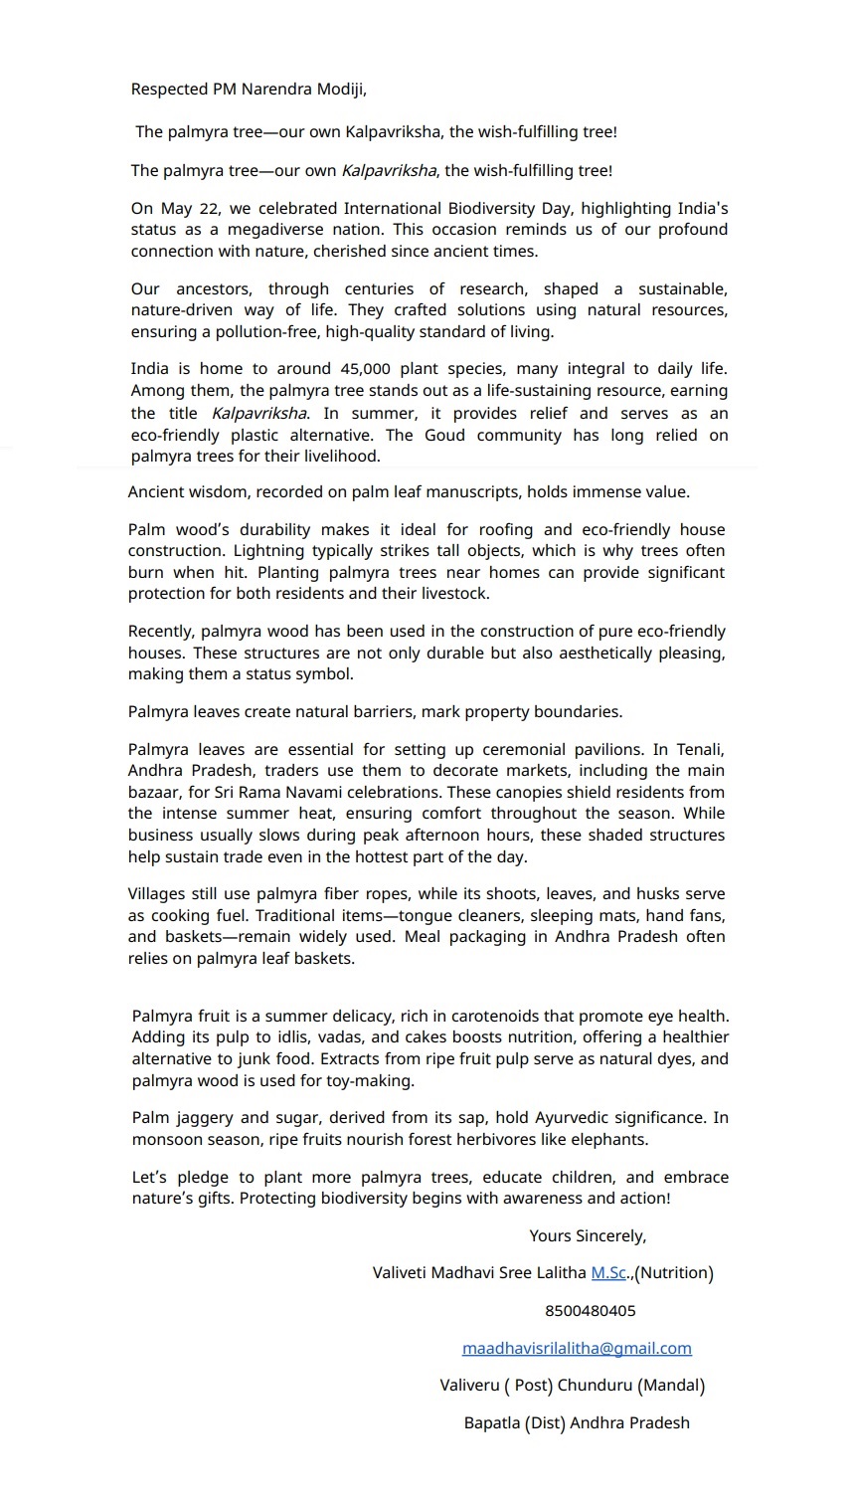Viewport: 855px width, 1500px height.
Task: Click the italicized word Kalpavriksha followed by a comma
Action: [389, 171]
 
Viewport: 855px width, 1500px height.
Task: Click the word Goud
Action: [444, 436]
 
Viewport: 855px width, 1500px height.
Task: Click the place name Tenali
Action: [701, 750]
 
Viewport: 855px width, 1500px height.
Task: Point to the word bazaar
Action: [155, 793]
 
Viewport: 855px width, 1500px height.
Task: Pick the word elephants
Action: [609, 1140]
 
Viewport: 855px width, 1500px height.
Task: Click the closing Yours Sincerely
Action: [588, 1236]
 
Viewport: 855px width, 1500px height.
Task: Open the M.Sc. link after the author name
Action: [608, 1273]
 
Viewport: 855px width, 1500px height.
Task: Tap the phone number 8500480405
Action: [590, 1311]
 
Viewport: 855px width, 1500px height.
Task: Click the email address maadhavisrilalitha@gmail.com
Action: [577, 1349]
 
